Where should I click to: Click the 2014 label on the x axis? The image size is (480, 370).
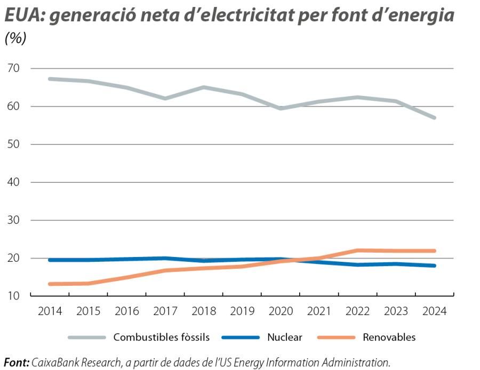click(50, 311)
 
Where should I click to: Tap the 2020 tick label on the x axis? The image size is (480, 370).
click(281, 311)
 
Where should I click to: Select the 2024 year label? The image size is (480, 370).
click(435, 311)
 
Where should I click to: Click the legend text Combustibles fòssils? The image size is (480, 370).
click(161, 337)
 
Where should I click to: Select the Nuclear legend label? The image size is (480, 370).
click(285, 337)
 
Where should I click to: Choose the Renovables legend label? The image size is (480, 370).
click(389, 337)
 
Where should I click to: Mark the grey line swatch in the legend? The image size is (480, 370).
click(86, 337)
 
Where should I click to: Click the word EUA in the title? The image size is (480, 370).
click(23, 16)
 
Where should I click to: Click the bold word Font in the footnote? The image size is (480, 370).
click(16, 363)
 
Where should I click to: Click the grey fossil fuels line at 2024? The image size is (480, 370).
click(435, 117)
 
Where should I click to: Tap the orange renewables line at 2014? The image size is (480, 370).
click(50, 284)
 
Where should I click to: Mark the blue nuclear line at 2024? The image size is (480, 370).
click(435, 266)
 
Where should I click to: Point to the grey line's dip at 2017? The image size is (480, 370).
click(165, 98)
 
